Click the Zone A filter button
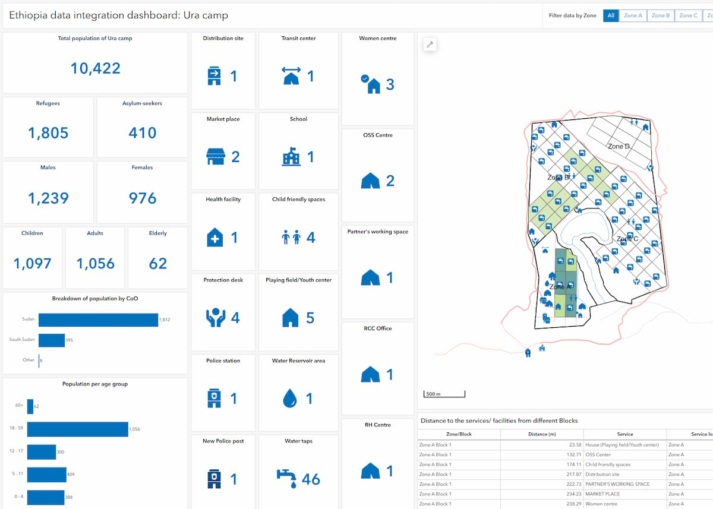click(633, 15)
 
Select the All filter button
click(610, 15)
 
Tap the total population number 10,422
click(95, 68)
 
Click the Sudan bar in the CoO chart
click(98, 320)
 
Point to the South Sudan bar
click(52, 340)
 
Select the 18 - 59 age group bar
click(77, 429)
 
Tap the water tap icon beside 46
click(287, 478)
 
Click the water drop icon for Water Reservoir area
click(290, 399)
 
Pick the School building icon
click(291, 157)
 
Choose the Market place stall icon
click(215, 157)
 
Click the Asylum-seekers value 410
click(143, 133)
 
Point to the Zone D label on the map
click(619, 146)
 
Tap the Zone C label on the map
click(627, 239)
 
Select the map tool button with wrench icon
click(430, 45)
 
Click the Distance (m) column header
click(542, 434)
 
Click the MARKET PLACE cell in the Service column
click(602, 494)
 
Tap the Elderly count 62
click(158, 264)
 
